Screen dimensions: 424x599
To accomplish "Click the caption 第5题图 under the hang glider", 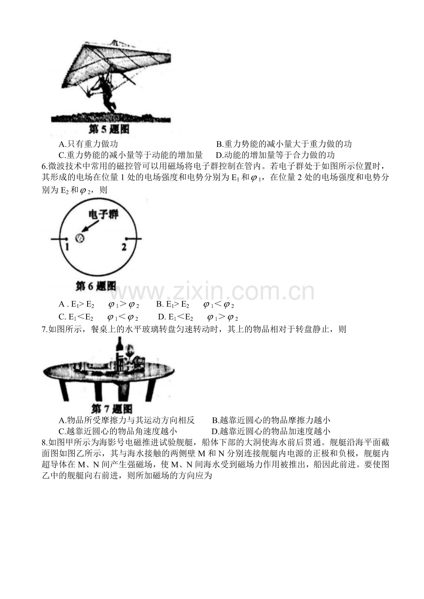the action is pyautogui.click(x=109, y=129).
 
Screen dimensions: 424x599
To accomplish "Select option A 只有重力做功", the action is pyautogui.click(x=88, y=144).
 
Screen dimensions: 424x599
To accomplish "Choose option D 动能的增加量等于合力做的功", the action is pyautogui.click(x=275, y=155).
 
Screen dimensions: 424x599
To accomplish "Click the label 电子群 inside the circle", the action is pyautogui.click(x=104, y=214).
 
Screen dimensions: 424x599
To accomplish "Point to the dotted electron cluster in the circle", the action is pyautogui.click(x=80, y=238).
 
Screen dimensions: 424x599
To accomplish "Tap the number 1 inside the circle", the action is pyautogui.click(x=67, y=247).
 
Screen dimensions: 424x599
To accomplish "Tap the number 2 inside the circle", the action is pyautogui.click(x=124, y=247).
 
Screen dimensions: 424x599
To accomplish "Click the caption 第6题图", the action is pyautogui.click(x=96, y=287).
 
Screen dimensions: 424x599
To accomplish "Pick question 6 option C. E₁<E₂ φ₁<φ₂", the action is pyautogui.click(x=98, y=317).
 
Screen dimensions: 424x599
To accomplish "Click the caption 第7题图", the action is pyautogui.click(x=112, y=409).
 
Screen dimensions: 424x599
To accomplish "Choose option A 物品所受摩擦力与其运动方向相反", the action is pyautogui.click(x=127, y=420).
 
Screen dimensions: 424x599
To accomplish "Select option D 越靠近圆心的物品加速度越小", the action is pyautogui.click(x=271, y=431).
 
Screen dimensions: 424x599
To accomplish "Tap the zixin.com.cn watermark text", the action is pyautogui.click(x=212, y=291).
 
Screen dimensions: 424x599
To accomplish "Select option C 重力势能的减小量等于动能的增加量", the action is pyautogui.click(x=130, y=155).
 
